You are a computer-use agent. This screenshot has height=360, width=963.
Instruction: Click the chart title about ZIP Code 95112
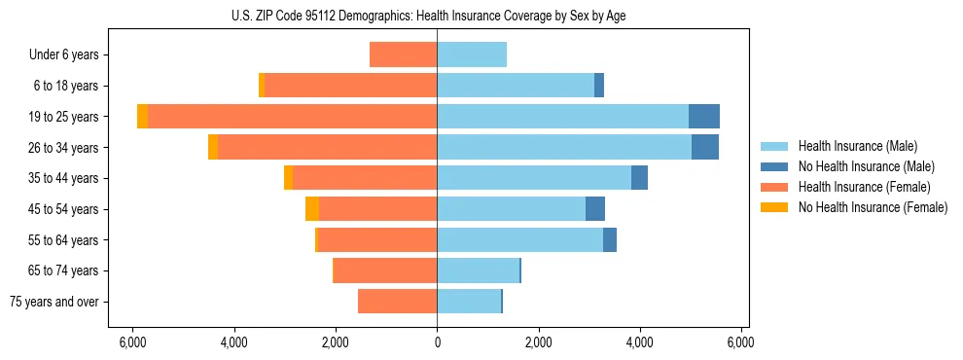tap(436, 15)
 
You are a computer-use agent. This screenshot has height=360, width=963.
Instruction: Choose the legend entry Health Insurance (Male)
tap(857, 146)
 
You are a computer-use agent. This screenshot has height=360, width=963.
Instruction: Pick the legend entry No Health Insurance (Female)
tap(872, 207)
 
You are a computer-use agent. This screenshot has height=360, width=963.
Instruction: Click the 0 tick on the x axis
tap(437, 342)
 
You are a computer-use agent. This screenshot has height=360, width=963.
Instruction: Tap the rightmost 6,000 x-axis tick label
tap(741, 342)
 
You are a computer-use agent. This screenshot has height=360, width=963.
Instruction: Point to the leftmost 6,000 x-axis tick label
tap(132, 342)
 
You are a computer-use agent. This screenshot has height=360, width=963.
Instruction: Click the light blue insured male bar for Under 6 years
tap(472, 55)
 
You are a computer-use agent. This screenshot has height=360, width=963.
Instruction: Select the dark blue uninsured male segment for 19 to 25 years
tap(704, 117)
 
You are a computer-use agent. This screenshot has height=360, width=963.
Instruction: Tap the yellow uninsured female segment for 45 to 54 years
tap(312, 209)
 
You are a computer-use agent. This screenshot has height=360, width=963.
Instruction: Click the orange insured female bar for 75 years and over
tap(397, 302)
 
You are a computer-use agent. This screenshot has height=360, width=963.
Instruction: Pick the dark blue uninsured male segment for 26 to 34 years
tap(705, 148)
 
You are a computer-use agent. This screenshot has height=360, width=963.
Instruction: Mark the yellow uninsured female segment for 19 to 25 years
tap(143, 117)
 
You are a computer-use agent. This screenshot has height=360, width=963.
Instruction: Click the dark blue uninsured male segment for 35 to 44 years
tap(639, 178)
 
